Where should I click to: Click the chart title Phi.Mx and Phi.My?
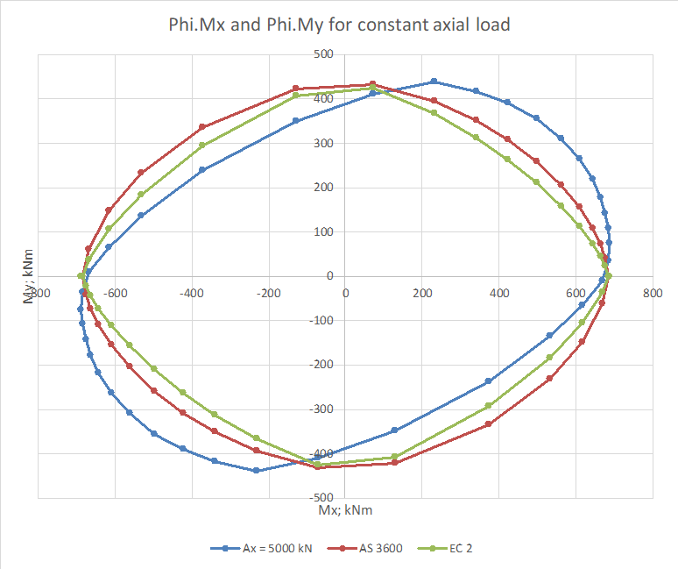tap(339, 25)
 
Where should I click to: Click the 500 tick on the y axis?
tap(324, 54)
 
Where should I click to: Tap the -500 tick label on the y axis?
tap(321, 497)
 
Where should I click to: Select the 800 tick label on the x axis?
tap(652, 294)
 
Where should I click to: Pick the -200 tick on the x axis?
tap(268, 294)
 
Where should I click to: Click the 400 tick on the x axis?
tap(498, 294)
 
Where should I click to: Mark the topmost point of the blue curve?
tap(434, 82)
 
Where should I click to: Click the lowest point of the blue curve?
tap(256, 471)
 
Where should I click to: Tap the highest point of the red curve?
tap(372, 84)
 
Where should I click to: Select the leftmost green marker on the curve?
tap(81, 276)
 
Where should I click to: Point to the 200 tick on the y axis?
tap(324, 188)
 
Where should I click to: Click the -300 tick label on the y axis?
tap(321, 409)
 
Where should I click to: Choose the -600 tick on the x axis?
tap(115, 294)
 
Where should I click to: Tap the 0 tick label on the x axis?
tap(345, 294)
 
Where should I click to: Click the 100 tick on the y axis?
tap(324, 231)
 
